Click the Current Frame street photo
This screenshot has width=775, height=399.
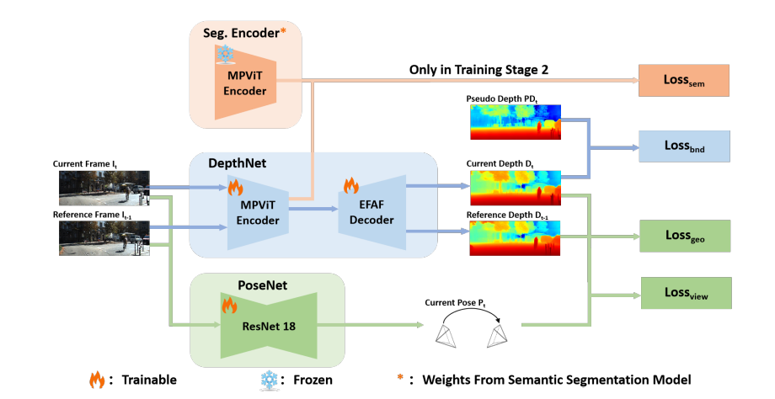(104, 189)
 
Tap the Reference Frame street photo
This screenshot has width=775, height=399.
(104, 237)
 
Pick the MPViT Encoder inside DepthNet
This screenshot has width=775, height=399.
(257, 214)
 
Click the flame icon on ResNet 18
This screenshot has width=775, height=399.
(228, 306)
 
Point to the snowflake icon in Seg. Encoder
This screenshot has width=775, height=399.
(226, 55)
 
